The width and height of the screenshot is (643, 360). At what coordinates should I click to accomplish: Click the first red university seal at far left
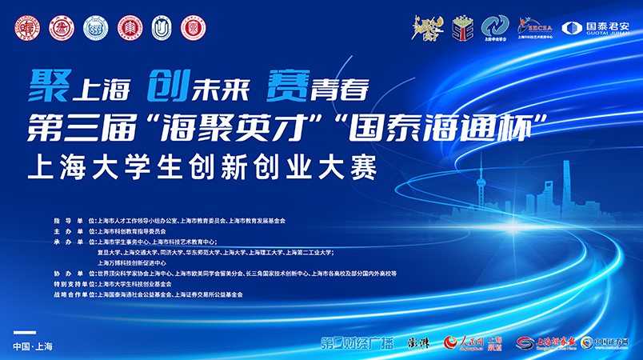23,27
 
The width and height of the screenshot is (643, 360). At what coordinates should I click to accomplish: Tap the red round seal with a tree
128,27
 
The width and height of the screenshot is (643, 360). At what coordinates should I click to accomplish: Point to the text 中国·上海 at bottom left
33,346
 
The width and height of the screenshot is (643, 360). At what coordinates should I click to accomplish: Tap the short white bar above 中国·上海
26,332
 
